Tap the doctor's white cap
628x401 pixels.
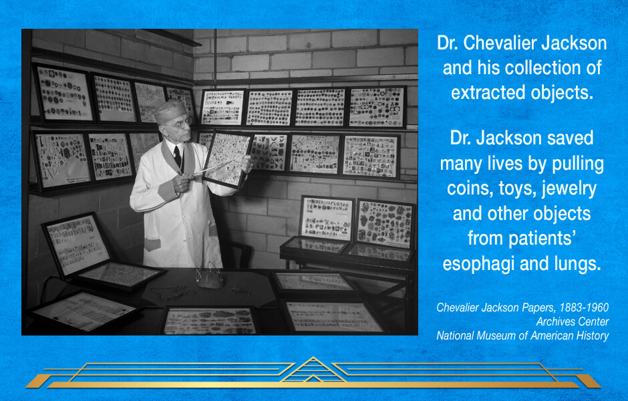170,112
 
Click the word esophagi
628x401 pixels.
478,265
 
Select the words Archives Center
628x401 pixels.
573,321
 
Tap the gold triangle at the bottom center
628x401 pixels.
313,370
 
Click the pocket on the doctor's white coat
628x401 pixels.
152,245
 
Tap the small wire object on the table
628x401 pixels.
209,277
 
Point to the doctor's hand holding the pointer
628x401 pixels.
182,183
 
